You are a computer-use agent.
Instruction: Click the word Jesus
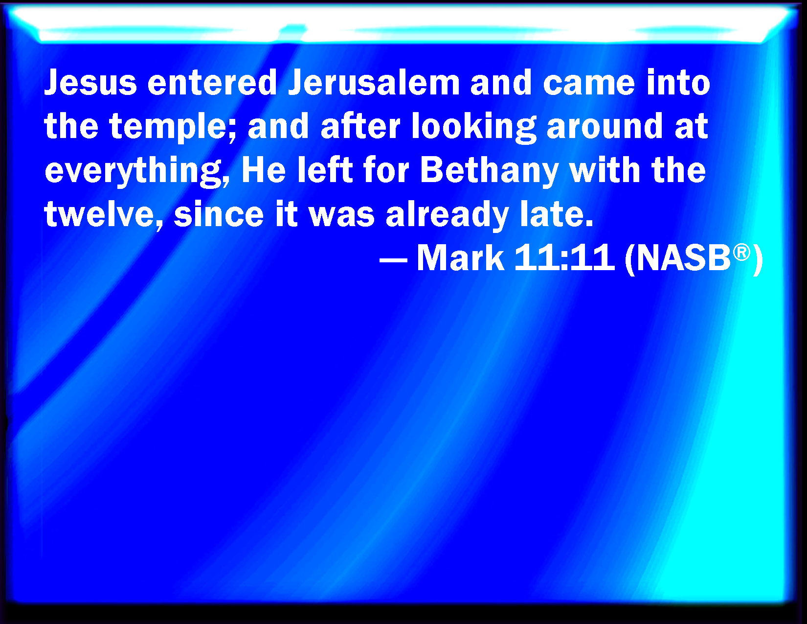pyautogui.click(x=90, y=82)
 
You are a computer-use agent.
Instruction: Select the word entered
pyautogui.click(x=212, y=82)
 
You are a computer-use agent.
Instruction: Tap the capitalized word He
pyautogui.click(x=264, y=170)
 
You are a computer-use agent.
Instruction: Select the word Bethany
pyautogui.click(x=489, y=171)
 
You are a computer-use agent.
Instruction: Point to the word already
pyautogui.click(x=447, y=214)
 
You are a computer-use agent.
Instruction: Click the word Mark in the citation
pyautogui.click(x=461, y=257)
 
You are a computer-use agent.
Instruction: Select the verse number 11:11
pyautogui.click(x=564, y=257)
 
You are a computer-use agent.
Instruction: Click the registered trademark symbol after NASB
pyautogui.click(x=741, y=252)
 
